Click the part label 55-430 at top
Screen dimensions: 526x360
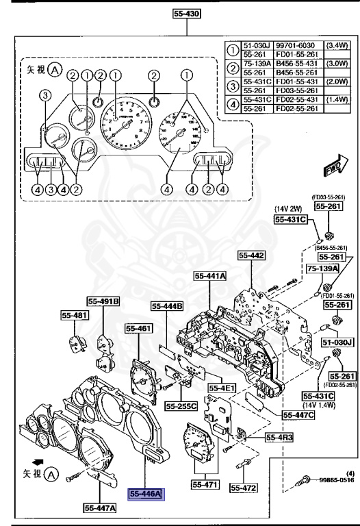(186, 12)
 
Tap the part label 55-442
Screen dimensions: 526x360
(251, 255)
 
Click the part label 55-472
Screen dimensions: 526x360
(243, 488)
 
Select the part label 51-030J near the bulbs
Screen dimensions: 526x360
(337, 342)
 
